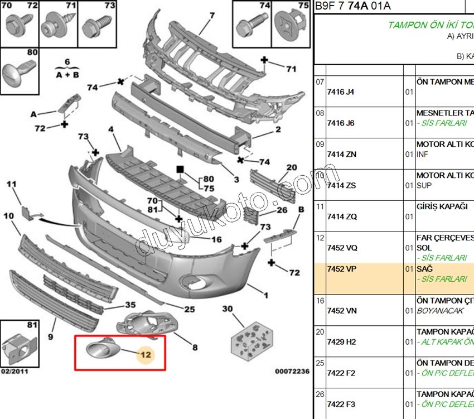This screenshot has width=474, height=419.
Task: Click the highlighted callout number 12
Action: point(146,354)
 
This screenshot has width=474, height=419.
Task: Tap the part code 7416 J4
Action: point(340,92)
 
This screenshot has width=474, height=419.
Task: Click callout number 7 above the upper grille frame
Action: point(212,16)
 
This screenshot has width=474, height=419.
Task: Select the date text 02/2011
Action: point(14,370)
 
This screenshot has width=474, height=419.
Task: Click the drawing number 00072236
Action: point(292,370)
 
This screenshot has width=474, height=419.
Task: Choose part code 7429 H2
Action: point(341,342)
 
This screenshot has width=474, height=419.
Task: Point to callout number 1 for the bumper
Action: point(266,296)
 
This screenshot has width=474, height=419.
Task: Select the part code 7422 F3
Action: point(341,404)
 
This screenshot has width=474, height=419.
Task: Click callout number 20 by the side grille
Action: point(292,167)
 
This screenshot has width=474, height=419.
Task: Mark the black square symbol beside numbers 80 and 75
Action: point(180,168)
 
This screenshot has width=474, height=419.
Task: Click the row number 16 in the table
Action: point(320,301)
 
